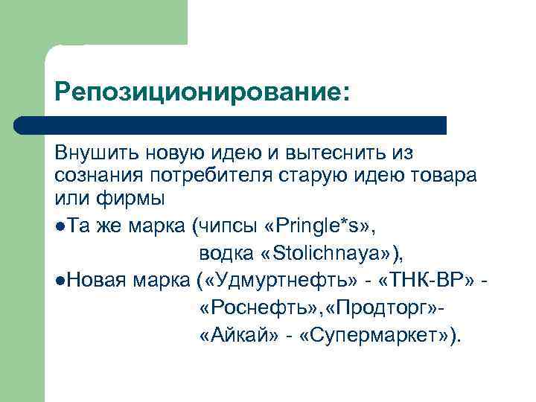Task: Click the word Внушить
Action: point(91,153)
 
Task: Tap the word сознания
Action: point(94,176)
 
